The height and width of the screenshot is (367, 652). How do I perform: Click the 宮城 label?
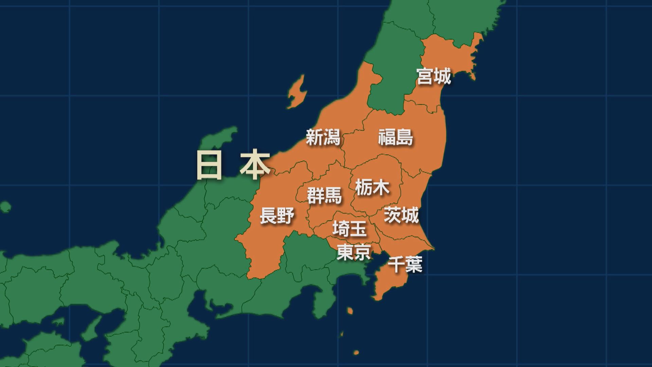(434, 76)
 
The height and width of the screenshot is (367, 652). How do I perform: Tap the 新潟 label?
(323, 137)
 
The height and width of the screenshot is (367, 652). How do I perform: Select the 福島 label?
(396, 137)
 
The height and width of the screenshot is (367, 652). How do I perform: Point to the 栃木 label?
(372, 187)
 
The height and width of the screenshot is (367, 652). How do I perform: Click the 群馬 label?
(324, 196)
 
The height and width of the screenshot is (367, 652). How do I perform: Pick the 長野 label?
(277, 216)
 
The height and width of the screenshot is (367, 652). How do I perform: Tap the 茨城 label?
(401, 215)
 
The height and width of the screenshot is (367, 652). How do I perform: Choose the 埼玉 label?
(350, 228)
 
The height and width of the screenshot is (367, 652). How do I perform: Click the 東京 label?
(353, 252)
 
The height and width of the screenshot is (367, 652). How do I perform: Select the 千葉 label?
(405, 264)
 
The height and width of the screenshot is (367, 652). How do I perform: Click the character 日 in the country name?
(209, 165)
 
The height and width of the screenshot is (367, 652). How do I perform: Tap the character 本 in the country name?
(255, 165)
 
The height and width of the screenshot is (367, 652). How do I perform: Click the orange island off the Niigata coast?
(296, 92)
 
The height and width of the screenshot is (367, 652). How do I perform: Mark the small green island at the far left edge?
(5, 207)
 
